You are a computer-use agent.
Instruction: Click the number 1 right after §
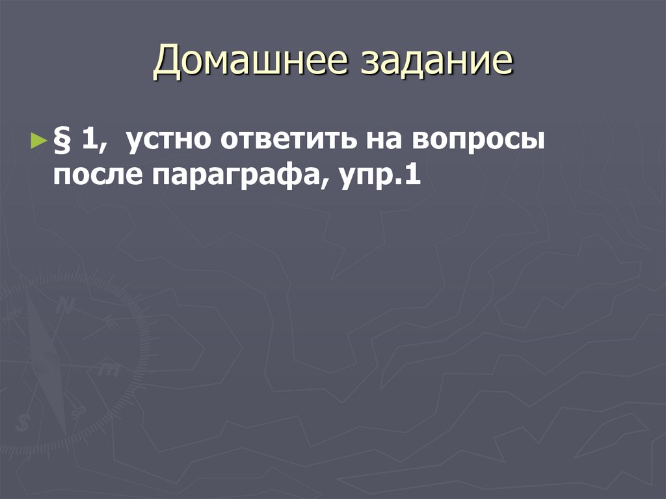point(87,141)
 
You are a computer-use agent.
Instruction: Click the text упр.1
point(377,177)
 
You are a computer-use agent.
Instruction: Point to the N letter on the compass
point(65,305)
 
